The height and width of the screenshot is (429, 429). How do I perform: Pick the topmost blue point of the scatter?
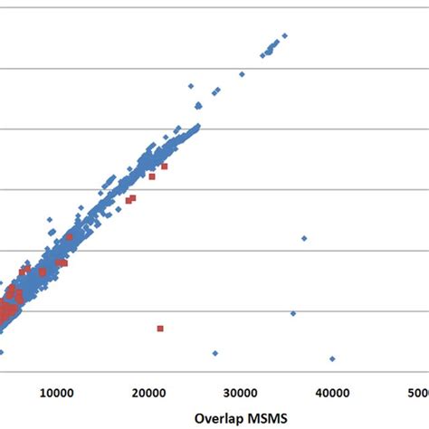coord(284,36)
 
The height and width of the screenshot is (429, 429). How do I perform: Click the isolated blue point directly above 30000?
coord(242,74)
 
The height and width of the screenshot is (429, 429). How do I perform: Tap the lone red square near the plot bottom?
coord(160,329)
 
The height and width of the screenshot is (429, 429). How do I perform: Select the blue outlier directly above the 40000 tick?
coord(332,359)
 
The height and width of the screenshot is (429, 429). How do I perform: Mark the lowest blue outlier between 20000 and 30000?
coord(215,353)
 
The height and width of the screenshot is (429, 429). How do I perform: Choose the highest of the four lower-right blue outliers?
coord(304,238)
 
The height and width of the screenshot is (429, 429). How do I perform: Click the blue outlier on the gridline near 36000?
coord(293,313)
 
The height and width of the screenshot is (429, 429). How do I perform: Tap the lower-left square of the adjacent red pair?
coord(128,201)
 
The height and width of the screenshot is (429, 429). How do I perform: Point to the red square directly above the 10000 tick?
coord(60,263)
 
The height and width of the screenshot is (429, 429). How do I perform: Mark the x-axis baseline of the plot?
coord(214,371)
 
